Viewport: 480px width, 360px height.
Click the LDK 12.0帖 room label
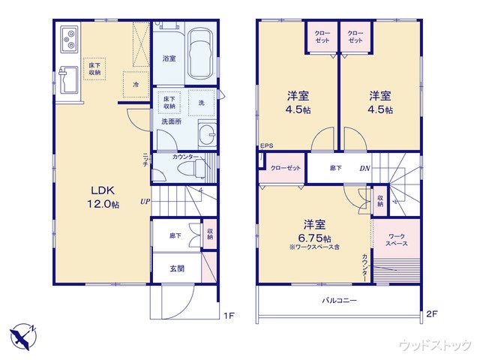(x=103, y=197)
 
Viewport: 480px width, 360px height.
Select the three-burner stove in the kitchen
(x=70, y=40)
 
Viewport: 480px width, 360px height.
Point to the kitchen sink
(x=69, y=80)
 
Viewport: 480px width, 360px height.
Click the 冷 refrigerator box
(x=136, y=85)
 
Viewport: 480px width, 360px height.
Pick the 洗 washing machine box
(x=201, y=103)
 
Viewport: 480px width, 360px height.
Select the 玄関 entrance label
(x=177, y=268)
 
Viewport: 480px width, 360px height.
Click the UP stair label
(x=145, y=202)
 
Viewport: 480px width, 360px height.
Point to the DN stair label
(x=365, y=168)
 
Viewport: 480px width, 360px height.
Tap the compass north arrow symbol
(x=23, y=336)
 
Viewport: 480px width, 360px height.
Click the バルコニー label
(x=339, y=300)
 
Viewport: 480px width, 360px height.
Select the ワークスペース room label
(x=397, y=240)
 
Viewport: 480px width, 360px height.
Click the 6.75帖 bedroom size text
(x=315, y=238)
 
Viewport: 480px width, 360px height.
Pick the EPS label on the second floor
(x=266, y=145)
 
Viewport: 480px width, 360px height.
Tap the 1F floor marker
(x=229, y=315)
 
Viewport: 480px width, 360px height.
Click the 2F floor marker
(x=432, y=313)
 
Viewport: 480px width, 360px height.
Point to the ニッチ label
(x=145, y=159)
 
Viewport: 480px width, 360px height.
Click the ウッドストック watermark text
(x=435, y=345)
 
